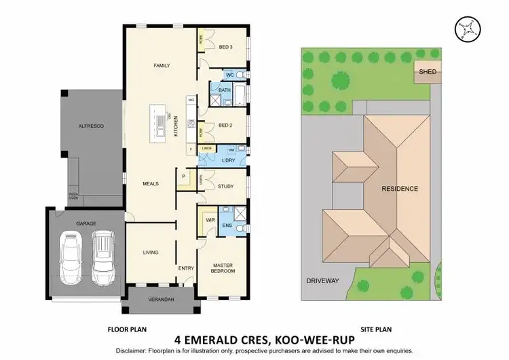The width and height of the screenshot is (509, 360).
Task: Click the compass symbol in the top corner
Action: (x=469, y=27)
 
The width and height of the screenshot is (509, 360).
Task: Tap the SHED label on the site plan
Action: (x=428, y=72)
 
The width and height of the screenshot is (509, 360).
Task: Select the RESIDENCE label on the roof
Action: (x=399, y=188)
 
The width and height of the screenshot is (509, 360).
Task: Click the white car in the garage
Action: (x=71, y=259)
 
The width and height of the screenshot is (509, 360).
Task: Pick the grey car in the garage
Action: (x=102, y=258)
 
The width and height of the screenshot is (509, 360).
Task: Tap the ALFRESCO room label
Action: (x=90, y=126)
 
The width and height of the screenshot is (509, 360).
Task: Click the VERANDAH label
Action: (x=161, y=300)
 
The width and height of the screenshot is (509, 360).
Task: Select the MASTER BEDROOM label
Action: (x=223, y=268)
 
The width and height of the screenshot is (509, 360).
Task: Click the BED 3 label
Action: (x=226, y=46)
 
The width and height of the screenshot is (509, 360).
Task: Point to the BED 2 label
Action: (x=226, y=126)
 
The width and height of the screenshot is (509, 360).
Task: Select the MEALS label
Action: (x=150, y=183)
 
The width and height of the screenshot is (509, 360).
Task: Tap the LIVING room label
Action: (x=150, y=252)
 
